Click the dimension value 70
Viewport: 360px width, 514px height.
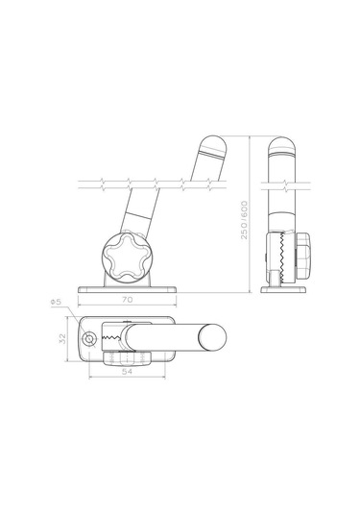coord(127,300)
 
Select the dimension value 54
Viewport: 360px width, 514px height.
coord(127,372)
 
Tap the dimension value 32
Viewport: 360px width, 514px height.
coord(62,338)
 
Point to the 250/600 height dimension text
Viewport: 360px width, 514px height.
coord(245,220)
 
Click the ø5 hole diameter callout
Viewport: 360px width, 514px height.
coord(56,302)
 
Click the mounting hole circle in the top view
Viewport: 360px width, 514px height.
coord(88,339)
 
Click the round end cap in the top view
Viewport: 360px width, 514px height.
coord(212,337)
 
